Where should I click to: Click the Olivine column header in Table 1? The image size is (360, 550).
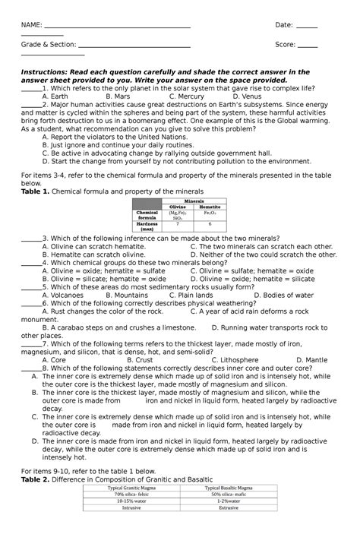coord(178,207)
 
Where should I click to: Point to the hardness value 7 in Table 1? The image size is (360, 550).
coord(178,225)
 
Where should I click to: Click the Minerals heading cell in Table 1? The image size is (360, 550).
coord(194,201)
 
